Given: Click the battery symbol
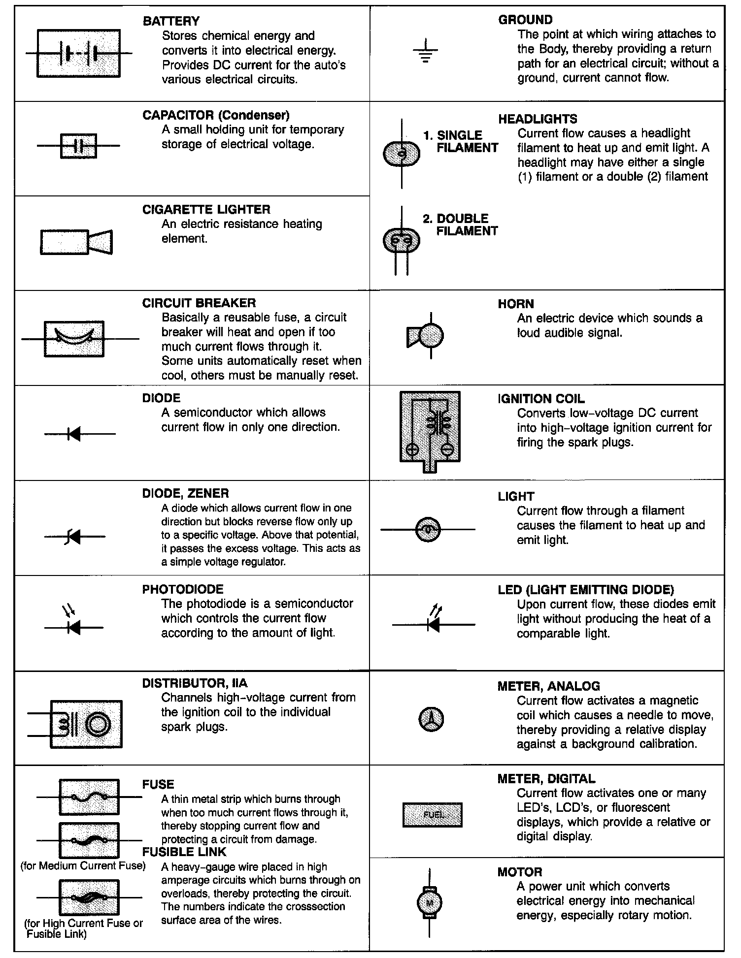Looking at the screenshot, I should (x=79, y=53).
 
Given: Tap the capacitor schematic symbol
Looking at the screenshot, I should (x=79, y=146).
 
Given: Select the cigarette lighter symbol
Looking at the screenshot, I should (x=76, y=242).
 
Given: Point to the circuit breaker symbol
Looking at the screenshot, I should (x=74, y=339).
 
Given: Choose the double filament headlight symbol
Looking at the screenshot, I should (x=402, y=241).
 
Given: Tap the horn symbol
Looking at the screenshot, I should (x=427, y=336).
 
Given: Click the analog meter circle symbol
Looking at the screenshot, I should (x=431, y=719).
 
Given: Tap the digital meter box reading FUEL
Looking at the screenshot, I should (x=433, y=815).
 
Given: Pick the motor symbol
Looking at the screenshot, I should (x=430, y=902).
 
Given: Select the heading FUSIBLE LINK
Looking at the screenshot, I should (x=184, y=852).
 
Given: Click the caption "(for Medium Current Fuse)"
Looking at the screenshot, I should (x=83, y=865).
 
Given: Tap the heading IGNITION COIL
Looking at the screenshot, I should (x=541, y=399).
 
